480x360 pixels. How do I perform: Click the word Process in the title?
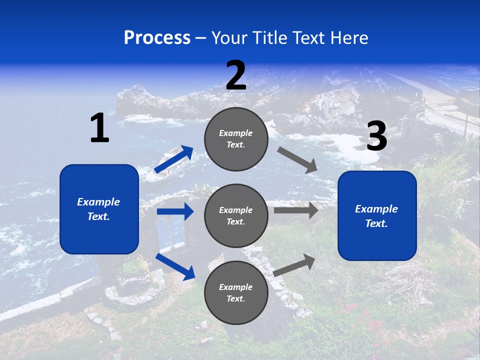(x=157, y=38)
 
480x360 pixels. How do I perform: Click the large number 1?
(x=99, y=128)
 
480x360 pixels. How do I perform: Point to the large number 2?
(x=236, y=75)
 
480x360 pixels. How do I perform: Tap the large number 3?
(x=376, y=136)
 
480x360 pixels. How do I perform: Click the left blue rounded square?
(x=99, y=209)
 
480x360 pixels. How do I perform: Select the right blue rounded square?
(x=377, y=215)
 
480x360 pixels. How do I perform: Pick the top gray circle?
(x=236, y=139)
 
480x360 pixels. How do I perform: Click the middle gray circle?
(x=236, y=215)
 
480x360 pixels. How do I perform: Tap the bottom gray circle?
(x=236, y=292)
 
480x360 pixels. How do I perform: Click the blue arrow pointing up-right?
(x=174, y=159)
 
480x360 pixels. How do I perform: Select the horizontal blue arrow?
(x=175, y=211)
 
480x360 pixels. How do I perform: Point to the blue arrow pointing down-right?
(x=175, y=266)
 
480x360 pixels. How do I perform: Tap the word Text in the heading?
(x=308, y=38)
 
